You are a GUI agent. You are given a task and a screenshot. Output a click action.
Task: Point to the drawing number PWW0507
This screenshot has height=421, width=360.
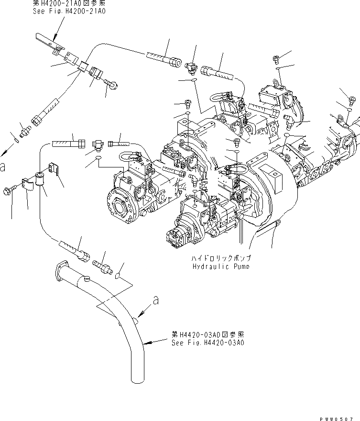[x=340, y=417]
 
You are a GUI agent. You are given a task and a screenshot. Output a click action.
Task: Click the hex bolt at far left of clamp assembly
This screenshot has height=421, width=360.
[x=11, y=190]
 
